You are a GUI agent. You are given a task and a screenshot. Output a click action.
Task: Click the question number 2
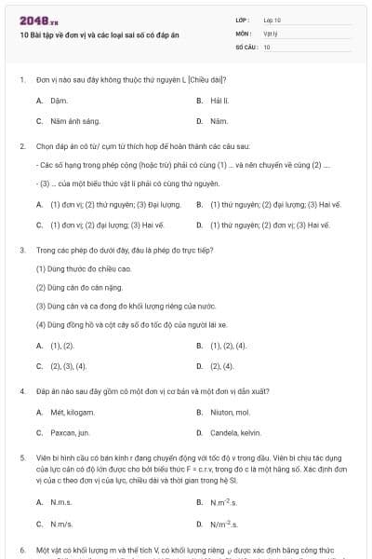(x=22, y=146)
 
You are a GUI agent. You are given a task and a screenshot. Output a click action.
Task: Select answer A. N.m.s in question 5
(x=55, y=502)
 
